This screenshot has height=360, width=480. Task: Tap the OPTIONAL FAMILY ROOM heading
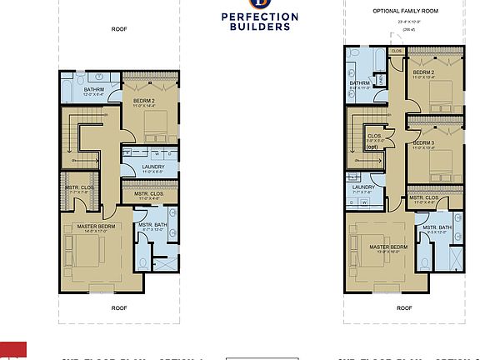[404, 11]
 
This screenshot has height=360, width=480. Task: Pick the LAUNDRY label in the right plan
[363, 187]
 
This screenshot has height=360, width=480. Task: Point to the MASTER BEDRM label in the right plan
[387, 247]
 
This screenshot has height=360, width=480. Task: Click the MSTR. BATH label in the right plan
[437, 228]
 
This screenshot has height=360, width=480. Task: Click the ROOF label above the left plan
[119, 28]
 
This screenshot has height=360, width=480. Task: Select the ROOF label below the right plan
[404, 307]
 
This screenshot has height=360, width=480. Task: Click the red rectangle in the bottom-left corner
[12, 350]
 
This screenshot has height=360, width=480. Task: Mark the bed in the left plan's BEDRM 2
[155, 126]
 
